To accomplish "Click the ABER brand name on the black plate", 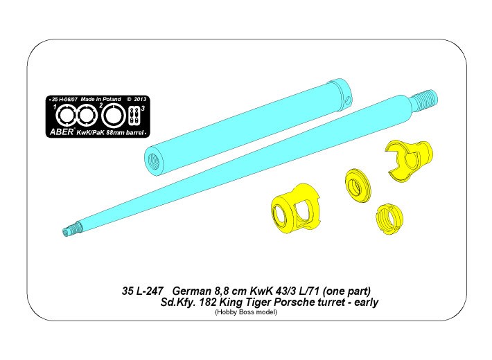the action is (62, 132).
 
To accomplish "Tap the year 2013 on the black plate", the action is (140, 99).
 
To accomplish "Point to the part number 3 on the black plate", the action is (143, 109).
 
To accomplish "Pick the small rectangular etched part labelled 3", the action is (134, 116).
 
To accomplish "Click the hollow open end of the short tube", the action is (155, 160).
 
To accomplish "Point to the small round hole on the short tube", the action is (348, 100).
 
